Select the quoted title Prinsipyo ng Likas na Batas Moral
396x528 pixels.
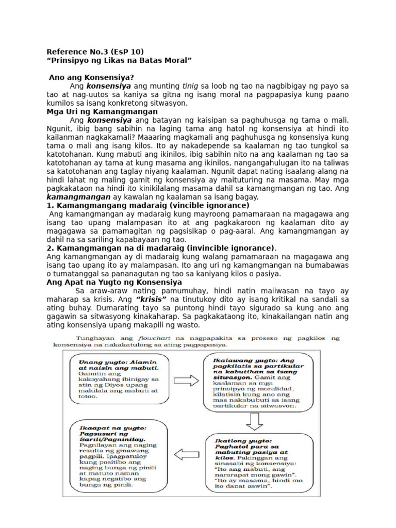(x=119, y=60)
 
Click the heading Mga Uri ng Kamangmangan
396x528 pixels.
(x=102, y=111)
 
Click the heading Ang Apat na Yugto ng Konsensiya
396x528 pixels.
(x=114, y=282)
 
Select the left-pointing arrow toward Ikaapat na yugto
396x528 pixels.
(x=187, y=454)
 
